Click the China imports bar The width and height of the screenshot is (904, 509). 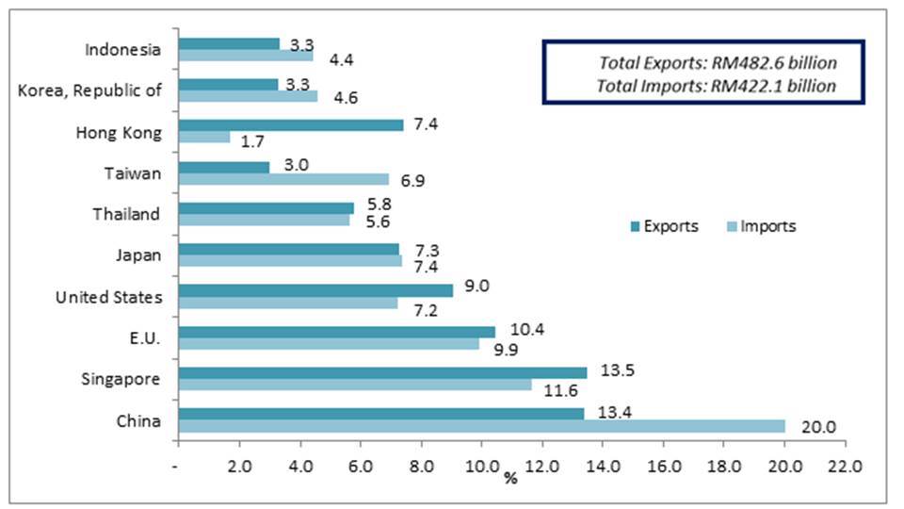(481, 426)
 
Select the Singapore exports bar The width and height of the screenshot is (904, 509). (382, 372)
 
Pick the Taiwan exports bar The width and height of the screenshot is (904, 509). (224, 167)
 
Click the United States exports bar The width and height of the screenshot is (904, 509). (315, 290)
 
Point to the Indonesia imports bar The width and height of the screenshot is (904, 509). (246, 55)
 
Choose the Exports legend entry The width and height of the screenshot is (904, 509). (664, 226)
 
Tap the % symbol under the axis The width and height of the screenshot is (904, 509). (510, 479)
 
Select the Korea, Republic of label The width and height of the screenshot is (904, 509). (90, 90)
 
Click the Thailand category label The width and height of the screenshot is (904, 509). (126, 214)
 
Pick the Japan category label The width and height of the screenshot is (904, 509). (138, 255)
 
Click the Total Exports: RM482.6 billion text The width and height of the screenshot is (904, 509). (718, 63)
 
